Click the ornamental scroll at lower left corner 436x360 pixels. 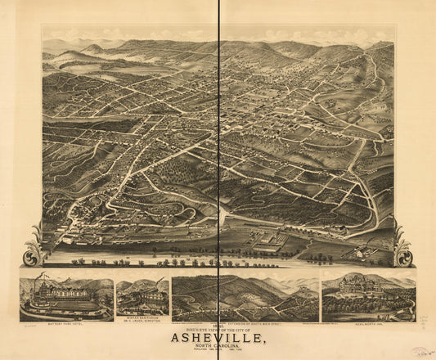point(34,246)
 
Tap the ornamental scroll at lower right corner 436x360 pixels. point(402,245)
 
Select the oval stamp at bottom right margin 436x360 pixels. point(420,351)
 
